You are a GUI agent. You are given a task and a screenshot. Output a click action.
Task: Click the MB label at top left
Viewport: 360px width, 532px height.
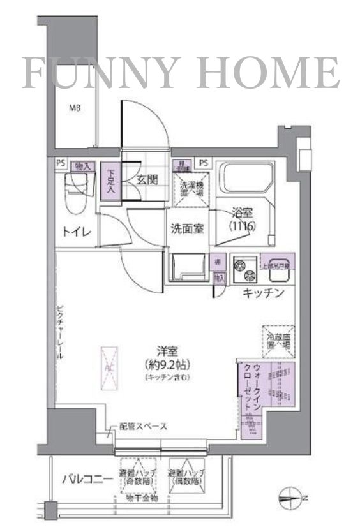click(75, 108)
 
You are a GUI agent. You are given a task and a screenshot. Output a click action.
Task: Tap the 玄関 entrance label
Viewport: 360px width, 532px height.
click(147, 179)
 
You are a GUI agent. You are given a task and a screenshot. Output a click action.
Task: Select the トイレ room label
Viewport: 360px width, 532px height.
click(75, 232)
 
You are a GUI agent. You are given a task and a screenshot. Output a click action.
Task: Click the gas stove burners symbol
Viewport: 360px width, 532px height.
click(243, 270)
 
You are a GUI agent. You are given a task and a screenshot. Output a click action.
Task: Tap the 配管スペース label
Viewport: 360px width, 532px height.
click(143, 427)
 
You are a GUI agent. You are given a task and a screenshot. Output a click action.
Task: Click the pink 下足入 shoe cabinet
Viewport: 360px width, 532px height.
click(110, 181)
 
